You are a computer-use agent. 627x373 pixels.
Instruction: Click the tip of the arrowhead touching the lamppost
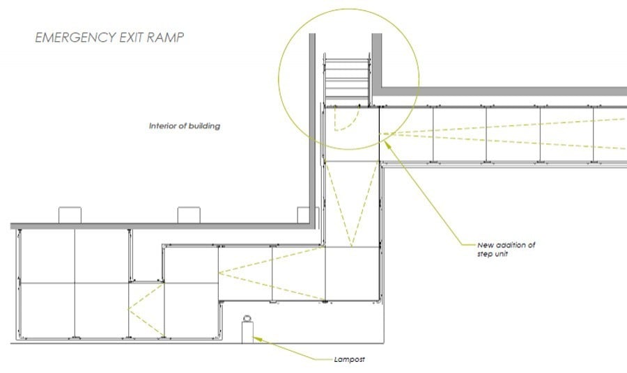tap(253, 338)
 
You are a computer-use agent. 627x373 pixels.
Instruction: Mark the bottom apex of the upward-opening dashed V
tap(352, 247)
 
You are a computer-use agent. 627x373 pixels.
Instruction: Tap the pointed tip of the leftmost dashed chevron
tap(127, 309)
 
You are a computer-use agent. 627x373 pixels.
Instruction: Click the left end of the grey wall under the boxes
tap(10, 226)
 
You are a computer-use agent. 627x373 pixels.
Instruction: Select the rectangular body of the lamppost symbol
tap(247, 332)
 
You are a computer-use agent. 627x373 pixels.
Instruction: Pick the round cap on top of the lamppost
tap(247, 318)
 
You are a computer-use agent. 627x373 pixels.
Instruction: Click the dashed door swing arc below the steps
tap(346, 119)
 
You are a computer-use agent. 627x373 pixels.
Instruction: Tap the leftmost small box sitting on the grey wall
tap(70, 215)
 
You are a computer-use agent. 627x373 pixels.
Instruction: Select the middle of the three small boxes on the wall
tap(189, 215)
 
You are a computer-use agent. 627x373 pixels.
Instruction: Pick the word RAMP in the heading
tap(164, 37)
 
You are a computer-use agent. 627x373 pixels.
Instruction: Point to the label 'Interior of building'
tap(185, 126)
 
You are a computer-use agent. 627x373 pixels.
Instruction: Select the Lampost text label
tap(350, 359)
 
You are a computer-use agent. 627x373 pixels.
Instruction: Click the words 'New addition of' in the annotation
tap(506, 245)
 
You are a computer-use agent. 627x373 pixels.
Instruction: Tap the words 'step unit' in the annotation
tap(493, 254)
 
